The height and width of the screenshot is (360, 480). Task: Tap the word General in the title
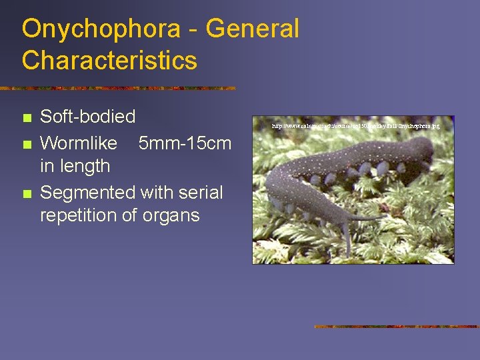click(253, 29)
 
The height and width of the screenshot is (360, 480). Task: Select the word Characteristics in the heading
click(109, 61)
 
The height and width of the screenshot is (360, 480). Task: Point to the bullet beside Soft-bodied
click(26, 118)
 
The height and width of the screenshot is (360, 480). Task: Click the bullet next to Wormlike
click(26, 144)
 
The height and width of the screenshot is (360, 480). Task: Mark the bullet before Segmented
click(26, 194)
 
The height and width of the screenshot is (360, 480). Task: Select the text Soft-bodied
click(88, 117)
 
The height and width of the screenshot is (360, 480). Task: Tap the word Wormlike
click(79, 143)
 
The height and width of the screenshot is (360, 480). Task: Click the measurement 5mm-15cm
click(185, 143)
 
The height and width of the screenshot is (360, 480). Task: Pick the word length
click(85, 165)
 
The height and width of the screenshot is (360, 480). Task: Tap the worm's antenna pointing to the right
click(373, 217)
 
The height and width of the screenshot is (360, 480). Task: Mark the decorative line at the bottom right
click(397, 327)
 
